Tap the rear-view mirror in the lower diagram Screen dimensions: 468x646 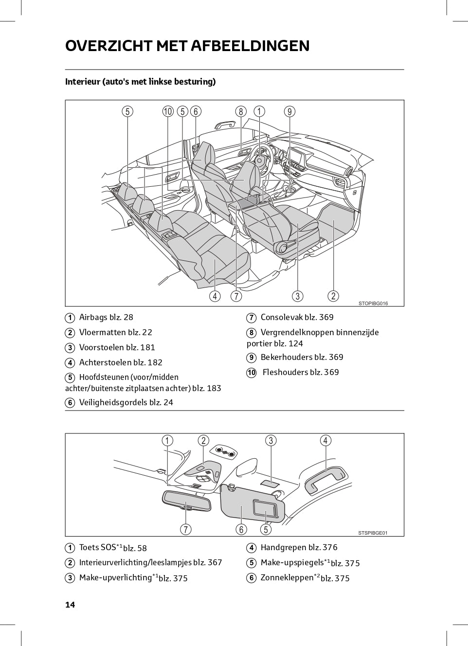[186, 501]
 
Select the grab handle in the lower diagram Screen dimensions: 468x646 [326, 481]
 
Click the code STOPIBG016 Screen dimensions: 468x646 [373, 304]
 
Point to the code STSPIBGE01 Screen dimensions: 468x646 [373, 533]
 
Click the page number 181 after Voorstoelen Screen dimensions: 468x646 [147, 347]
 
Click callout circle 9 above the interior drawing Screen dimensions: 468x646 [290, 111]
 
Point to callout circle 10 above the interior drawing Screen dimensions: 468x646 [168, 111]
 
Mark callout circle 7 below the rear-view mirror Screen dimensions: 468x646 [186, 529]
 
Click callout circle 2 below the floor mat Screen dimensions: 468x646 [333, 296]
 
